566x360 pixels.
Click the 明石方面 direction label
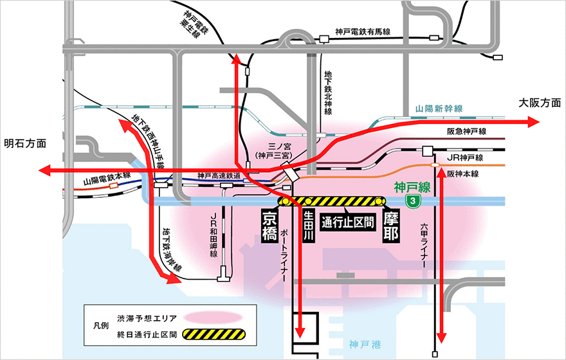point(25,144)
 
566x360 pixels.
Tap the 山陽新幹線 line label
point(439,109)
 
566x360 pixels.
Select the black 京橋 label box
point(269,226)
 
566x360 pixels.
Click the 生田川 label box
point(308,226)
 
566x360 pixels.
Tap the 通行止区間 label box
point(347,222)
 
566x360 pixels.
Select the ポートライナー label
point(284,254)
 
